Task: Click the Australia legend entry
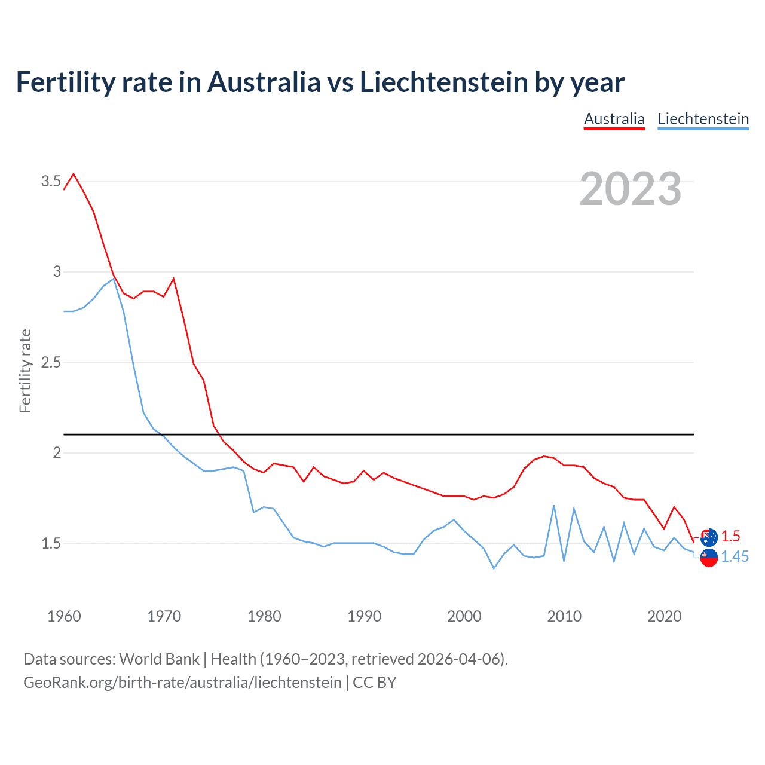click(614, 119)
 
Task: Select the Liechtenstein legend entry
click(703, 119)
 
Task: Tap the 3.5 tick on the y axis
click(51, 181)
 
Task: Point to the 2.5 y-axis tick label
click(51, 362)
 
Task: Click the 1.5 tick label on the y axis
click(51, 543)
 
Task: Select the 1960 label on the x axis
click(64, 616)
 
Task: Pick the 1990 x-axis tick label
click(364, 616)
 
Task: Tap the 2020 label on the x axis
click(664, 616)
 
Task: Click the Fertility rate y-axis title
click(25, 371)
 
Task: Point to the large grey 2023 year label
click(631, 189)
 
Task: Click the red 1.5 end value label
click(730, 536)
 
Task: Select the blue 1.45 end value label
click(735, 556)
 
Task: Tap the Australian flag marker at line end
click(709, 537)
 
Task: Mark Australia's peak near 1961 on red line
click(74, 174)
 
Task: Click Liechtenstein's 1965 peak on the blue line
click(114, 279)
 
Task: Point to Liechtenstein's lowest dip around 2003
click(494, 568)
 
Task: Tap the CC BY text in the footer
click(375, 682)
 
